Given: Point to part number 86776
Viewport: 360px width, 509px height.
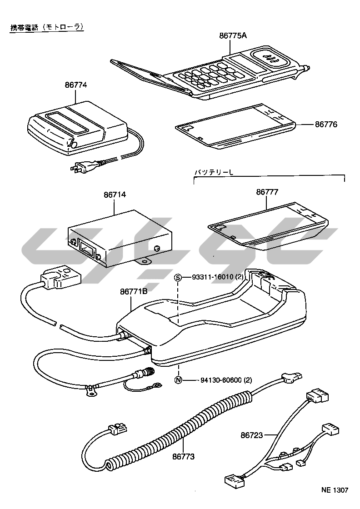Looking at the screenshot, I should click(326, 124).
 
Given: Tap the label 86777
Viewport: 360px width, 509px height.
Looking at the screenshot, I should click(267, 192).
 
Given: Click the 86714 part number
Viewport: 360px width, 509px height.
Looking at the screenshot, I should click(115, 195).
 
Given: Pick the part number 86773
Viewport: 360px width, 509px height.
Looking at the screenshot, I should click(183, 456).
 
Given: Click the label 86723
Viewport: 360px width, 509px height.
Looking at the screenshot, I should click(252, 435).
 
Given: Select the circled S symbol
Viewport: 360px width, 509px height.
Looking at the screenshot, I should click(179, 278).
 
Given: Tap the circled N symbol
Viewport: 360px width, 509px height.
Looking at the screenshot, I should click(179, 379).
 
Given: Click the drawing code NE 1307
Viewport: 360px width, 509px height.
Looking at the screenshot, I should click(335, 490).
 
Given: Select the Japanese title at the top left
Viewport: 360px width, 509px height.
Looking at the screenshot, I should click(47, 27).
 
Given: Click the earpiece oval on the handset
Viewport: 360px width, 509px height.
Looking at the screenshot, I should click(272, 58).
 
